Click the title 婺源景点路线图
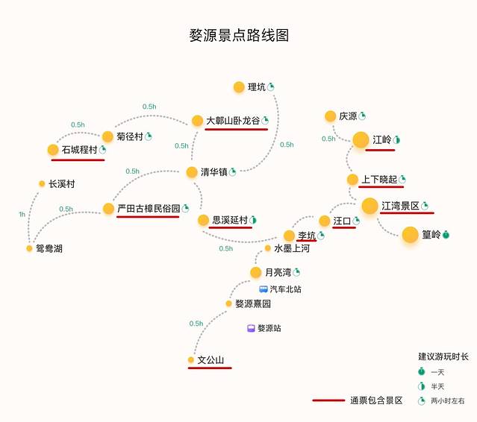[x=239, y=35]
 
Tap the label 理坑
[x=256, y=87]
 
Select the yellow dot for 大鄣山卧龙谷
[x=197, y=120]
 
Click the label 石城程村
[x=79, y=150]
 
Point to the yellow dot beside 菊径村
[x=107, y=136]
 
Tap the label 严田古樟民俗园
[x=148, y=208]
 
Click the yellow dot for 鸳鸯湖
[x=30, y=248]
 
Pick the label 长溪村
[x=61, y=183]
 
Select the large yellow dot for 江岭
[x=361, y=139]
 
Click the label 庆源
[x=348, y=116]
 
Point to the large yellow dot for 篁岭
[x=409, y=235]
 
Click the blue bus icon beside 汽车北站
[x=264, y=289]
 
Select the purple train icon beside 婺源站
[x=252, y=328]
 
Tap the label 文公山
[x=211, y=360]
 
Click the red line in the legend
[x=328, y=400]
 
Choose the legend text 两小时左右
[x=448, y=400]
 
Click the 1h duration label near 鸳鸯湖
[x=22, y=215]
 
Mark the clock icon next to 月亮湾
[x=296, y=271]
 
